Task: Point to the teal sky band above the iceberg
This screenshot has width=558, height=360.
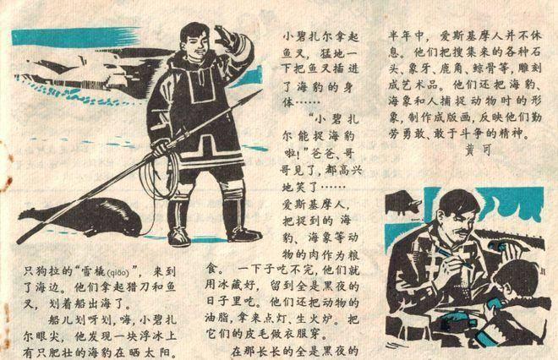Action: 68,39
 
